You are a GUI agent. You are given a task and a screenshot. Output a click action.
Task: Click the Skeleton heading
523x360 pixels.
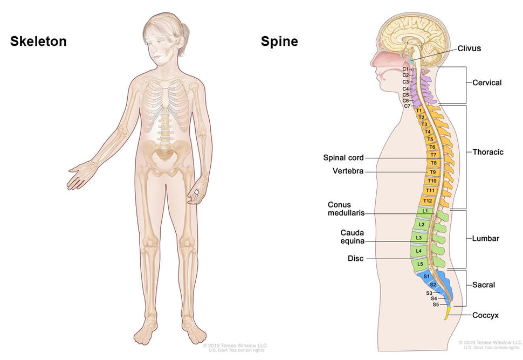(38, 41)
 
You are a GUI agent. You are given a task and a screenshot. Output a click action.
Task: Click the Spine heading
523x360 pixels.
(279, 41)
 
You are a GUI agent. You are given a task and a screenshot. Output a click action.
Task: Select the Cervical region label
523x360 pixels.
(487, 82)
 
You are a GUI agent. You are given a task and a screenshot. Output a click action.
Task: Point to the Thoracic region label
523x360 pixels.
(487, 152)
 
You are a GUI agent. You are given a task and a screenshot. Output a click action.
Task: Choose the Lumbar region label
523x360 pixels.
(485, 238)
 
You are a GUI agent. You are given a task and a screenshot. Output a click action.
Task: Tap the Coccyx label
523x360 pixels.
(485, 315)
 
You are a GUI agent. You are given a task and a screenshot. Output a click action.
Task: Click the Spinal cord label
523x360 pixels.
(343, 158)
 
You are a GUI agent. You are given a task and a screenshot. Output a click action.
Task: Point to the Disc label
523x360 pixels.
(356, 259)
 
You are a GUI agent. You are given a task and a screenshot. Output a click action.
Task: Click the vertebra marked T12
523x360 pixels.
(428, 200)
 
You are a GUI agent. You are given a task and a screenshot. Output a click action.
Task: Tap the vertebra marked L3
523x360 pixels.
(419, 238)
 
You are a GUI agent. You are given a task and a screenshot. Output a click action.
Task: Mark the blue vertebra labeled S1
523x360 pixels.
(426, 276)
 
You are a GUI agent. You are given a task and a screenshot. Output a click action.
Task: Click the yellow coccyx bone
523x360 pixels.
(447, 314)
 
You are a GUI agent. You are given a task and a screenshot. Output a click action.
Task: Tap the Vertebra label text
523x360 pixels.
(348, 171)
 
